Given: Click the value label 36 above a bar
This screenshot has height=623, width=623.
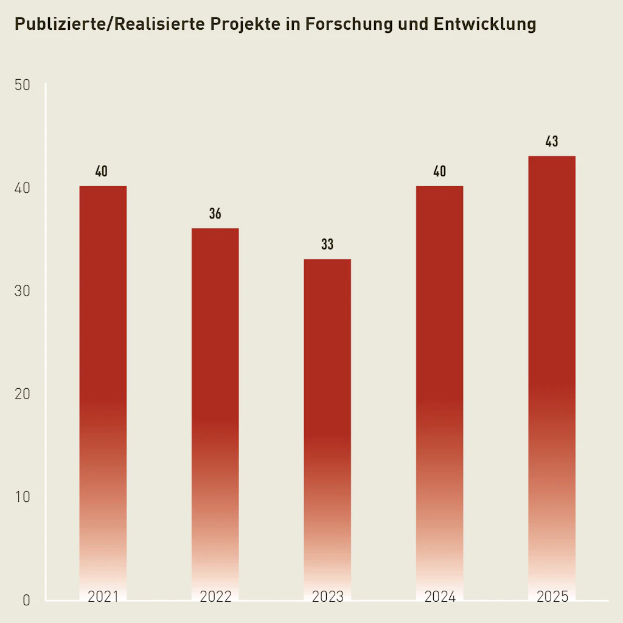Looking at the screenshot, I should [215, 214].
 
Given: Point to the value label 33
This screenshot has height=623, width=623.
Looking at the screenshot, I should [327, 245].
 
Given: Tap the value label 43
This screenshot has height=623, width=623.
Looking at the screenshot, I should [552, 142].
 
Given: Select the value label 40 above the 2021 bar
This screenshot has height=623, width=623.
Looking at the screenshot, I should [102, 172].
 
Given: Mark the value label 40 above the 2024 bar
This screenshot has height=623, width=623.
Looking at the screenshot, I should [439, 172].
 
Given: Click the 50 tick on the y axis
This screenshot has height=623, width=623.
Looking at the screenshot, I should [23, 85].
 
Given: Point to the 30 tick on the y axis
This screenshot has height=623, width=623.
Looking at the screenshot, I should [23, 291].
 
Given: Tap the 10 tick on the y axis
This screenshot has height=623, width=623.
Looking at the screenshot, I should [23, 497].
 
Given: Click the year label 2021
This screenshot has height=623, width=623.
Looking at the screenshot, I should [103, 597].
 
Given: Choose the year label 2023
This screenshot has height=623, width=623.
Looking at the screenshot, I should [327, 597].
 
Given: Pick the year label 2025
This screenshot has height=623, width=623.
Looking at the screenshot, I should [552, 597].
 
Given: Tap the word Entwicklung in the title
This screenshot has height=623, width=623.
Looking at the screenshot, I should [485, 24].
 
